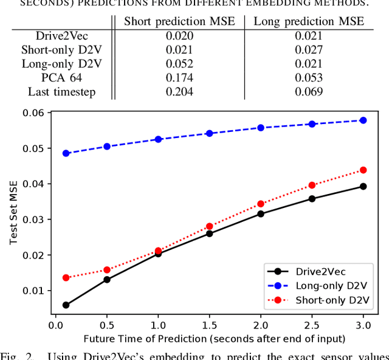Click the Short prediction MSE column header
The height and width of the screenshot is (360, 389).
(179, 21)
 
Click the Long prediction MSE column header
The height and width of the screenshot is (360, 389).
(308, 21)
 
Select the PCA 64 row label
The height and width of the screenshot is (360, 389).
(62, 78)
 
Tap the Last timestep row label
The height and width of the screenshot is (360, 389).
(62, 92)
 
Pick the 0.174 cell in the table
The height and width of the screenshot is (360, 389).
(179, 78)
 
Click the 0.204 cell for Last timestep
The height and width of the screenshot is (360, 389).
(179, 92)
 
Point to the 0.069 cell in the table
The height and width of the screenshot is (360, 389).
(308, 92)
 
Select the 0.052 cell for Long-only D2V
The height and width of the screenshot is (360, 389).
(179, 64)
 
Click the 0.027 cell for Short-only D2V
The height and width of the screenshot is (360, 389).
(308, 50)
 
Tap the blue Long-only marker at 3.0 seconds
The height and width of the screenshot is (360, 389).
(363, 120)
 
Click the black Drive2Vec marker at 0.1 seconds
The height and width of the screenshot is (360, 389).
(66, 305)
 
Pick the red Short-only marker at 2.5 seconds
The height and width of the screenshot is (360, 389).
(312, 185)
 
